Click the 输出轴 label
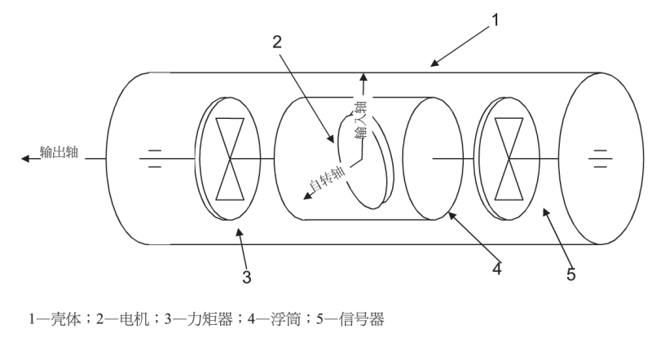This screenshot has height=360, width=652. click(58, 152)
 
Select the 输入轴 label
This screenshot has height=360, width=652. click(359, 119)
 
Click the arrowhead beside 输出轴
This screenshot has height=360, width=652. click(26, 158)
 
